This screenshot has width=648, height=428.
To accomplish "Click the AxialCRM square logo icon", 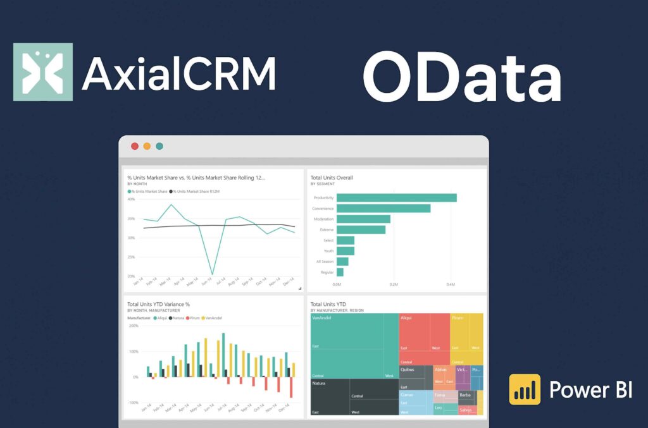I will pyautogui.click(x=43, y=72).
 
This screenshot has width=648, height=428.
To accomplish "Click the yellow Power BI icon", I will pyautogui.click(x=525, y=389).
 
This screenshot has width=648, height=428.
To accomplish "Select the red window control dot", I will pyautogui.click(x=135, y=146).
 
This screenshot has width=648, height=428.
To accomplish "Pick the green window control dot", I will pyautogui.click(x=159, y=146).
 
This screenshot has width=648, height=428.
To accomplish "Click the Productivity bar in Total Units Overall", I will pyautogui.click(x=396, y=198).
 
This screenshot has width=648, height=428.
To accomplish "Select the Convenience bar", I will pyautogui.click(x=383, y=209).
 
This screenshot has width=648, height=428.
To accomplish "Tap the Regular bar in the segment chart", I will pyautogui.click(x=340, y=272).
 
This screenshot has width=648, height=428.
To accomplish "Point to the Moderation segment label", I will pyautogui.click(x=323, y=219).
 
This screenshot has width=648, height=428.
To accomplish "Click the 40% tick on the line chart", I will pyautogui.click(x=131, y=199).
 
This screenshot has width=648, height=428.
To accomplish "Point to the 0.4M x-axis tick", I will pyautogui.click(x=450, y=284).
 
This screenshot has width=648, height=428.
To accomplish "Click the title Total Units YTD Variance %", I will pyautogui.click(x=158, y=304).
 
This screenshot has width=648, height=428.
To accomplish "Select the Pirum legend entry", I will pyautogui.click(x=194, y=318).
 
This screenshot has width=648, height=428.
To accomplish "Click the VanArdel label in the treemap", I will pyautogui.click(x=322, y=318).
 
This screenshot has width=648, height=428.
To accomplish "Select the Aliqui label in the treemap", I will pyautogui.click(x=406, y=318).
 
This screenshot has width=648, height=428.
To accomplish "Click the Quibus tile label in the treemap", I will pyautogui.click(x=407, y=369).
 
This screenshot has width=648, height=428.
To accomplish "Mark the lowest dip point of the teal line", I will pyautogui.click(x=212, y=274).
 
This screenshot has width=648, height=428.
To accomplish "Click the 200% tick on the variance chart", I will pyautogui.click(x=134, y=326).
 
